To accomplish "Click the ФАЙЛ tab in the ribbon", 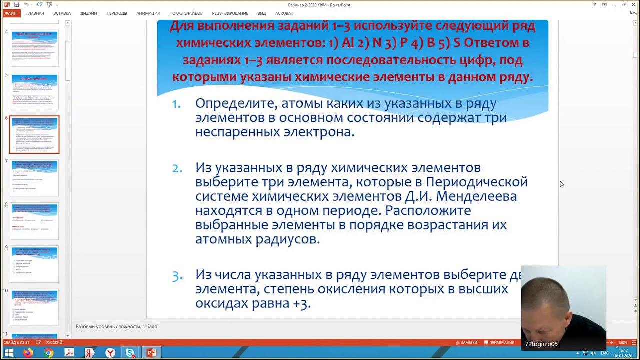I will [x=10, y=13].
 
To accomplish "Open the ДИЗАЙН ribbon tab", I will [x=88, y=13].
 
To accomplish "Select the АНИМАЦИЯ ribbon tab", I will [x=148, y=13].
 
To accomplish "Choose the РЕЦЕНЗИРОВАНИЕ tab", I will [x=230, y=13].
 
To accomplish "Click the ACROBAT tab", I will [x=284, y=13].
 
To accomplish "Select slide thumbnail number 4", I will [x=34, y=48].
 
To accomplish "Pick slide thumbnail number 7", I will [x=34, y=177].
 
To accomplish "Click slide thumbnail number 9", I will [x=34, y=264].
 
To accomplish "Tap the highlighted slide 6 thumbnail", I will [x=34, y=134].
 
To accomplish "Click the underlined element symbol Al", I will [x=347, y=43].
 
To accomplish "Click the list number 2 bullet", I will [x=177, y=168].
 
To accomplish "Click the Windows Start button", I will [x=9, y=353].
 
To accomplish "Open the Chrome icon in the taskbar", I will [x=49, y=353].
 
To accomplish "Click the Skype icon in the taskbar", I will [x=130, y=353].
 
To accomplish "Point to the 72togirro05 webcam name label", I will [x=541, y=344].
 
